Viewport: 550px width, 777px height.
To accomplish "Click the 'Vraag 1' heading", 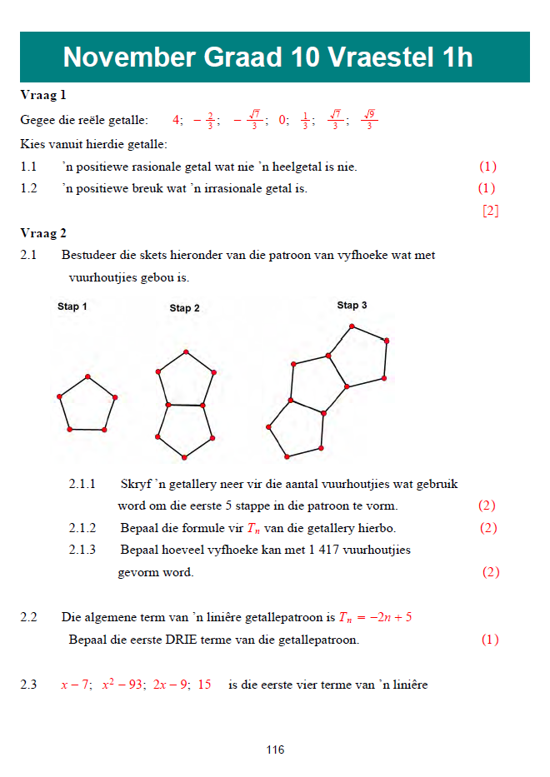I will click(x=43, y=95).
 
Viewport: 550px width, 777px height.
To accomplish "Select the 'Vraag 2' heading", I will click(x=43, y=233).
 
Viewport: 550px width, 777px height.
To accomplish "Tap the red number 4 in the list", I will click(x=177, y=120).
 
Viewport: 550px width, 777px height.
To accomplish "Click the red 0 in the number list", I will click(x=283, y=120).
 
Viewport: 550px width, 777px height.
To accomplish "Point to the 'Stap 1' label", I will click(x=72, y=306).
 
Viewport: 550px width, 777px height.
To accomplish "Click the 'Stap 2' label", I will click(x=184, y=308).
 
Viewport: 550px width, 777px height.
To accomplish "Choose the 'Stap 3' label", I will click(x=352, y=306).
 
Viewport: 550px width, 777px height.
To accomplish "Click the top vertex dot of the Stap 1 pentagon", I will click(x=87, y=376).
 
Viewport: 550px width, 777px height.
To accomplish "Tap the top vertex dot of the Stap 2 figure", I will click(x=185, y=350).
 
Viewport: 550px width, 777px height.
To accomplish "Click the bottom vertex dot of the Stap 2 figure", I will click(x=184, y=457).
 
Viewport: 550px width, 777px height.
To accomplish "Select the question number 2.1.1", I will click(x=82, y=484).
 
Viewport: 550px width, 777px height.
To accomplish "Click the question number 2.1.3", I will click(x=82, y=550).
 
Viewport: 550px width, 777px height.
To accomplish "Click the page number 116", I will click(x=275, y=750).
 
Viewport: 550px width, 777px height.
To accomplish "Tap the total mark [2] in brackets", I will click(x=491, y=211).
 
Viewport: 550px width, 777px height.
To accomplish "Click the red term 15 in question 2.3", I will click(x=204, y=685).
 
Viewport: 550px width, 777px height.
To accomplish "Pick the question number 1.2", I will click(x=29, y=188).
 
